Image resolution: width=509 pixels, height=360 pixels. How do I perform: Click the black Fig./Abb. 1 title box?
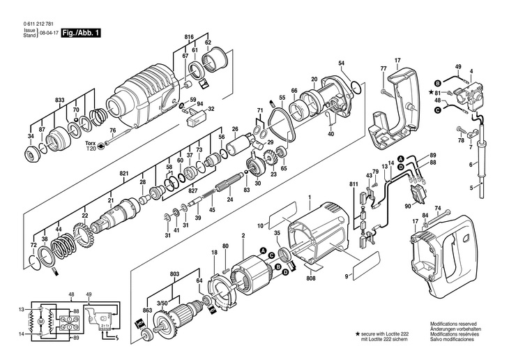pyautogui.click(x=82, y=33)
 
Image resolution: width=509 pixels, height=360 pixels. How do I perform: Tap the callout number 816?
pyautogui.click(x=188, y=36)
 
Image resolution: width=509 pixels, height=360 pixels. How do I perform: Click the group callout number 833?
pyautogui.click(x=61, y=101)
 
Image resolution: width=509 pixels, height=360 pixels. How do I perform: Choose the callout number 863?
pyautogui.click(x=147, y=309)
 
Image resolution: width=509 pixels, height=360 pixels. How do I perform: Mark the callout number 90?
pyautogui.click(x=407, y=205)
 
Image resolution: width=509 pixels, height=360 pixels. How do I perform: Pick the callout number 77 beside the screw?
pyautogui.click(x=383, y=68)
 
